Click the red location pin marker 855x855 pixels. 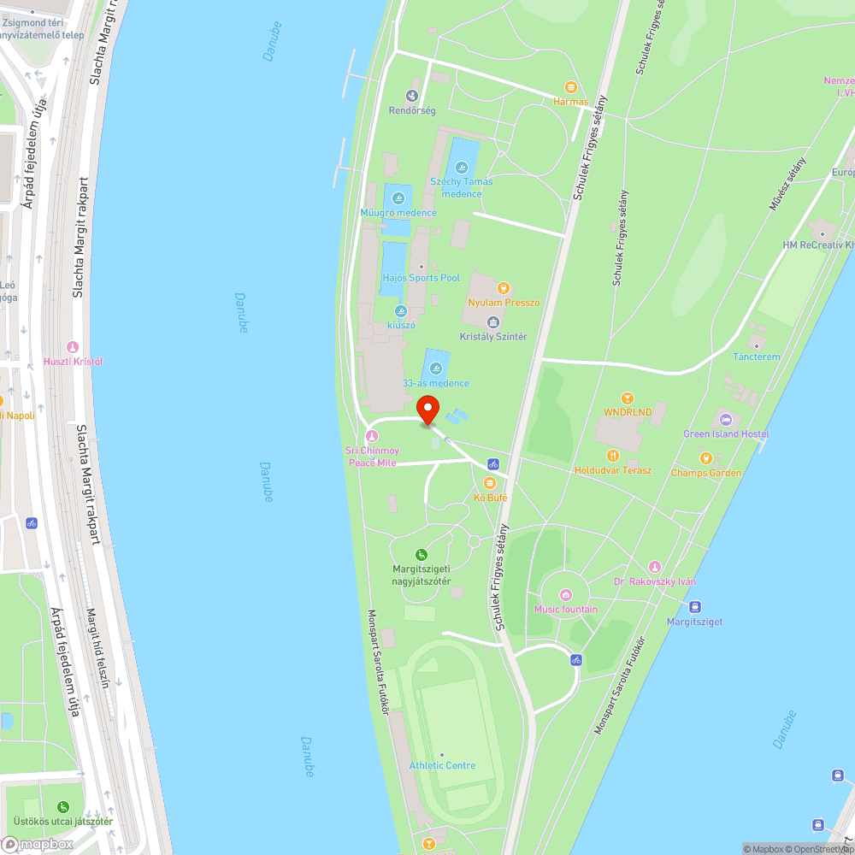pos(428,410)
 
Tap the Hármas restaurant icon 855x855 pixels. pos(571,87)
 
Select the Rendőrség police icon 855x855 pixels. pos(413,97)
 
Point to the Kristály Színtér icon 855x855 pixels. pos(493,322)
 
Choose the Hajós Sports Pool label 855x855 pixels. pos(422,278)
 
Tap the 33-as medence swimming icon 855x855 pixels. pos(436,369)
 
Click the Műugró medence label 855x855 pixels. pos(398,213)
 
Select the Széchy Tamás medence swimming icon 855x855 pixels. pos(462,167)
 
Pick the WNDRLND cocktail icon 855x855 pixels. pos(628,398)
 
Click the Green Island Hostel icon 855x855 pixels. pos(726,420)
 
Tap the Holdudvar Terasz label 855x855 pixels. pos(612,470)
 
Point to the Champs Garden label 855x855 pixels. pos(705,473)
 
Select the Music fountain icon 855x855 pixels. pos(565,595)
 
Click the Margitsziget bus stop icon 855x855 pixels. pos(695,607)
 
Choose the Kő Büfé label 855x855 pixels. pos(491,497)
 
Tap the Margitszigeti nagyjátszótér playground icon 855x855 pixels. pos(421,555)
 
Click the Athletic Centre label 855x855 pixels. pos(442,765)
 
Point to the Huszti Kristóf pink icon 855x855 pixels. pos(73,347)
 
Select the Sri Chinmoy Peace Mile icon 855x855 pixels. pos(372,437)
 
